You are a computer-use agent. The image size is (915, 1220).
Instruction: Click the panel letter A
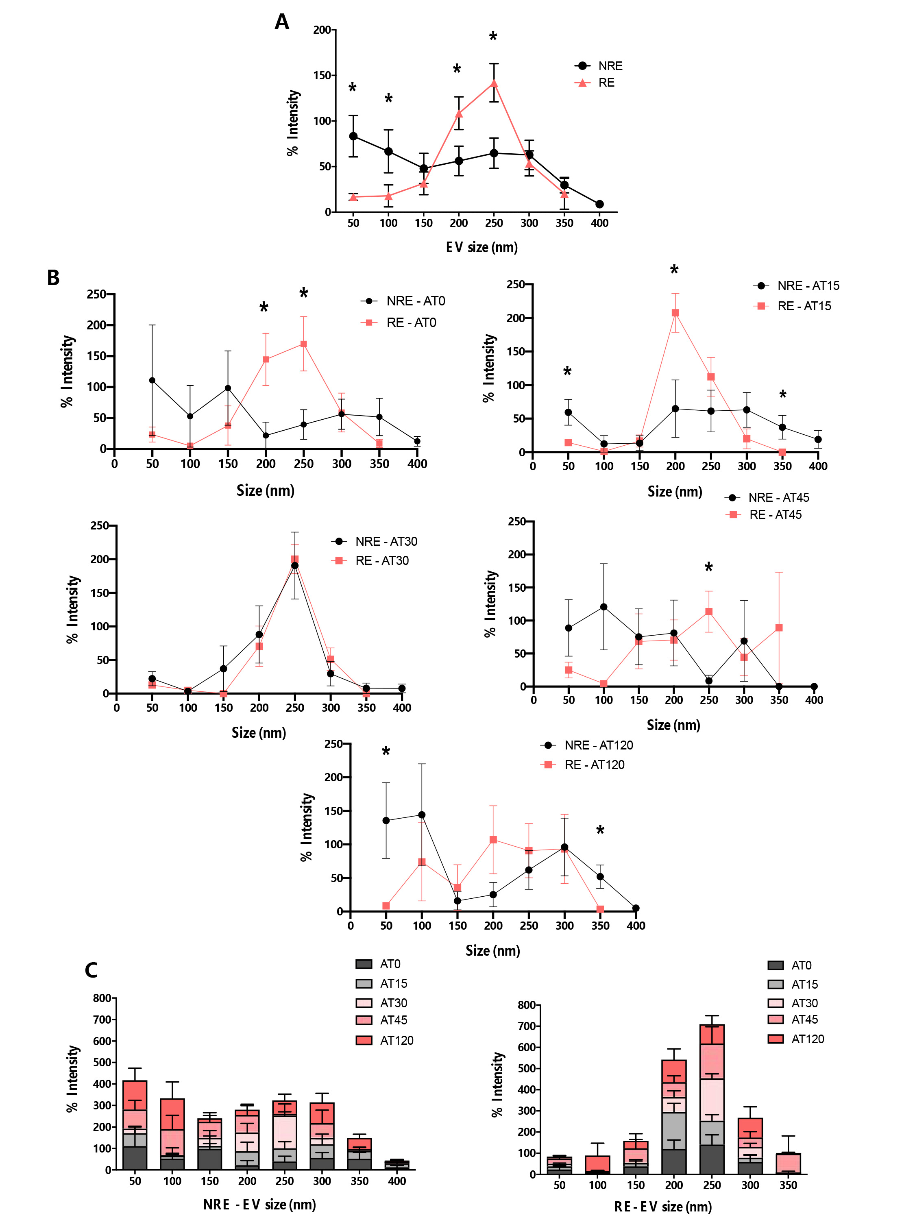tap(282, 22)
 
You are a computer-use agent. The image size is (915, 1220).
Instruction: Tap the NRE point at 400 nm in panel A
tap(599, 204)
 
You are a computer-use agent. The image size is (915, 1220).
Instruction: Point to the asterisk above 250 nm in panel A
tap(493, 37)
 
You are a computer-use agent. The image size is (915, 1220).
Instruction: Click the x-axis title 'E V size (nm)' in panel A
tap(481, 247)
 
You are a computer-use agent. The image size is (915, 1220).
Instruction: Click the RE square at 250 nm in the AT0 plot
tap(303, 344)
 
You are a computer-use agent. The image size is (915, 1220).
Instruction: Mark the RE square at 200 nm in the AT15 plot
tap(675, 313)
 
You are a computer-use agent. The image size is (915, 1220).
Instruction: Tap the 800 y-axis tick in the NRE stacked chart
tap(102, 998)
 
